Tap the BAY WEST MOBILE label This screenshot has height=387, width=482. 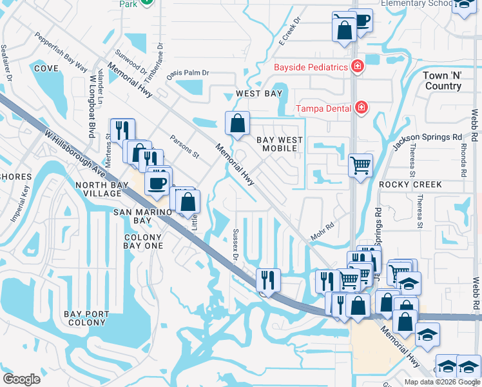tap(277, 144)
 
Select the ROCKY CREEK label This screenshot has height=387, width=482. tap(410, 184)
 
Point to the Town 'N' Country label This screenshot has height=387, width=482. tap(442, 81)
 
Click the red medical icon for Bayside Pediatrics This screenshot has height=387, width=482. tap(355, 67)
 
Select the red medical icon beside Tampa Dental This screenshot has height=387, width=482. tap(361, 107)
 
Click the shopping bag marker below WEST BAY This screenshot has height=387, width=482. tap(238, 123)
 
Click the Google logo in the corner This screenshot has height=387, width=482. tap(21, 379)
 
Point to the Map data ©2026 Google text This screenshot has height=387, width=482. tap(441, 382)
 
